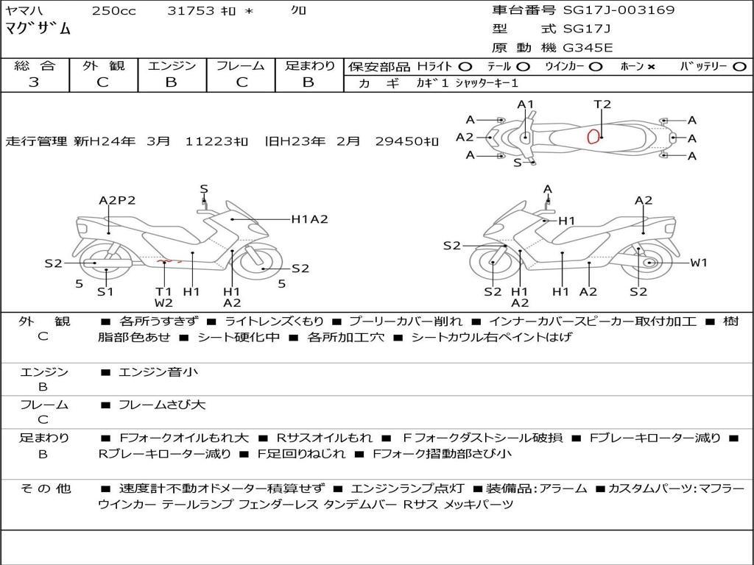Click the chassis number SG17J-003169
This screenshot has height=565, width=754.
pos(619,10)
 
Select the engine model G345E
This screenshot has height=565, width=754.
pos(587,48)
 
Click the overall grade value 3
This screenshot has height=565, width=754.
pos(34,82)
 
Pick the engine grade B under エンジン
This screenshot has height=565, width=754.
pos(171,82)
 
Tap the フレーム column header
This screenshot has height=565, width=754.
pos(242,65)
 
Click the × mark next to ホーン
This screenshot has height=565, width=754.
pos(651,66)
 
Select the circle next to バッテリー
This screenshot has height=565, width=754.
pos(739,66)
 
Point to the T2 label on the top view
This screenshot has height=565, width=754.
pos(602,104)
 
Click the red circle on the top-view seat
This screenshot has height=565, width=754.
pos(593,135)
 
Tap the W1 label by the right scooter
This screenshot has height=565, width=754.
pos(698,263)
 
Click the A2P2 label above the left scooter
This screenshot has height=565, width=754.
pos(118,200)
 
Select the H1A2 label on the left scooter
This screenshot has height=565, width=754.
pos(309,218)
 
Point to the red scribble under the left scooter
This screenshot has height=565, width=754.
pos(170,260)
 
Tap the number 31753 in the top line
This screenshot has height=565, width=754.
pos(191,10)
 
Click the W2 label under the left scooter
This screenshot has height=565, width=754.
pos(163,302)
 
